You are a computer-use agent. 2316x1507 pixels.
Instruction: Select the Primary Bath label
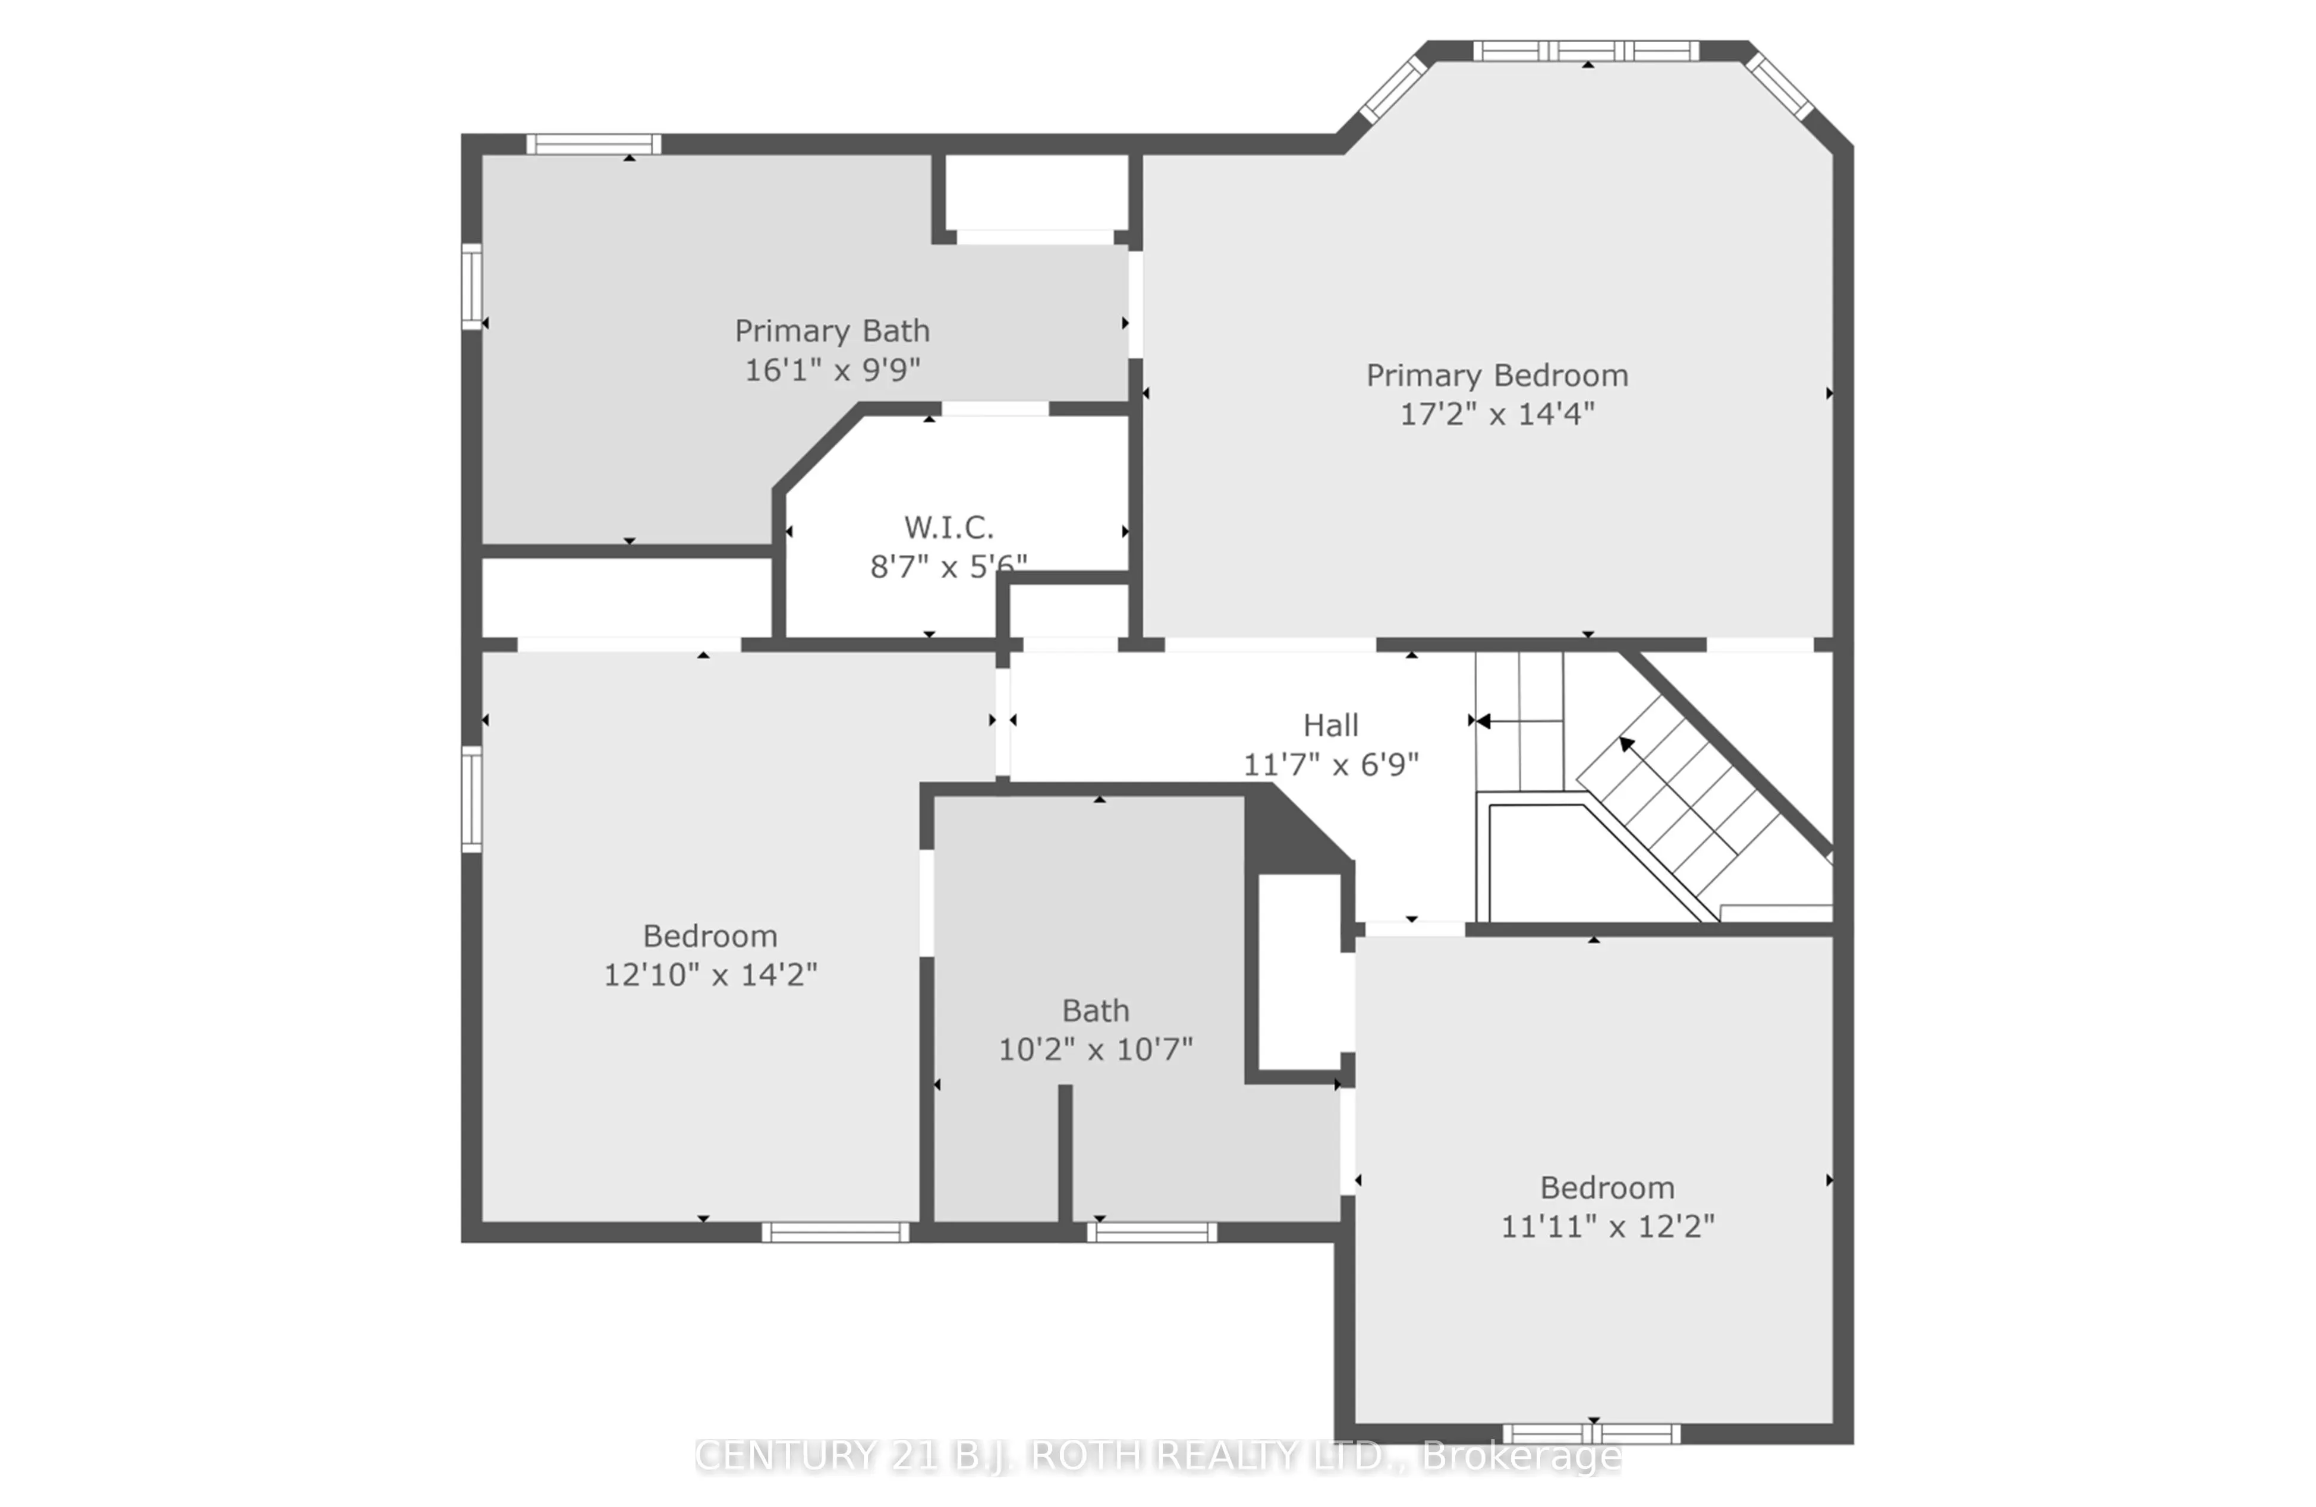click(832, 332)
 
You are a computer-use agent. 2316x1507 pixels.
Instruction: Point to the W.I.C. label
click(949, 528)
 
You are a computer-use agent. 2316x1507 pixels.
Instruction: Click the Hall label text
click(1330, 726)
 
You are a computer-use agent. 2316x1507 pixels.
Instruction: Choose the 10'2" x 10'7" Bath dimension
click(1095, 1050)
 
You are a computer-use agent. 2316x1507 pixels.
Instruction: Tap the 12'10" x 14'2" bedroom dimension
click(710, 975)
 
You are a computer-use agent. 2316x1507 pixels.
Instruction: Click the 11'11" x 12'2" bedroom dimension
click(1607, 1227)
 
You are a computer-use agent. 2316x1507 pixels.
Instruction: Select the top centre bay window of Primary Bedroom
click(1585, 52)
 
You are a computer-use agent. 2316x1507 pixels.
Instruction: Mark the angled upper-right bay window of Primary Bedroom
click(1779, 87)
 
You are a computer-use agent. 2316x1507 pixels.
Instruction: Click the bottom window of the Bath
click(1151, 1232)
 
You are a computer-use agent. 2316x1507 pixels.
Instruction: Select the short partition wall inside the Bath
click(1065, 1153)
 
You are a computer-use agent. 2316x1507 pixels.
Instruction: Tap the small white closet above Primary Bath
click(1036, 192)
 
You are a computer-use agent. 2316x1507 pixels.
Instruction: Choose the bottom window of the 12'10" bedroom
click(835, 1232)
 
